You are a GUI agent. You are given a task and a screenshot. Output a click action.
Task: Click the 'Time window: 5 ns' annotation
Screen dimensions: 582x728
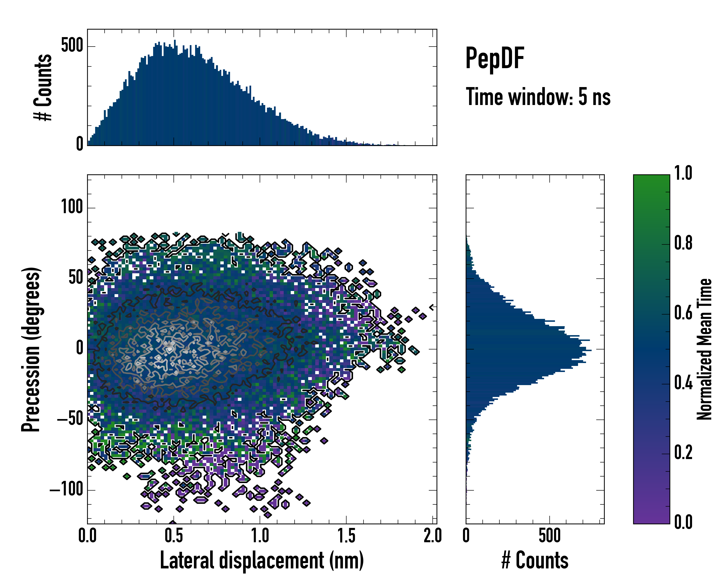[x=538, y=97]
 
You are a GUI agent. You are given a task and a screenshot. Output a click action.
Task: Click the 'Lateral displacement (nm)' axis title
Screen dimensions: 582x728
[x=262, y=560]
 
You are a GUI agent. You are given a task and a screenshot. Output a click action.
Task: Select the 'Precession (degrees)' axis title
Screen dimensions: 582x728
[x=31, y=349]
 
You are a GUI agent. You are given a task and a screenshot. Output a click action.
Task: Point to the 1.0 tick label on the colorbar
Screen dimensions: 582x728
[x=683, y=173]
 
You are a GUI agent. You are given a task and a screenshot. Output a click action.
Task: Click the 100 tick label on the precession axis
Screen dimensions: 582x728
[x=72, y=207]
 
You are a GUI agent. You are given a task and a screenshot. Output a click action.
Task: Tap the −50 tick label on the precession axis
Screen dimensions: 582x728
[x=70, y=419]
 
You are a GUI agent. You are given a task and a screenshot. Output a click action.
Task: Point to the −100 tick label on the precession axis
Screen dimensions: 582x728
[x=66, y=490]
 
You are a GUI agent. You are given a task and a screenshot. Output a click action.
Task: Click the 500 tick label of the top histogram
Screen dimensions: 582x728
[x=72, y=46]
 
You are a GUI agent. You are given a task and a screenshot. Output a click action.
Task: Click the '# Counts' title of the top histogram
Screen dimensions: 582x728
[x=43, y=87]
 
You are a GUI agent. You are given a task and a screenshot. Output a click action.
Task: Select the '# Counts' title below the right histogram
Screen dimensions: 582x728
[x=535, y=560]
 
